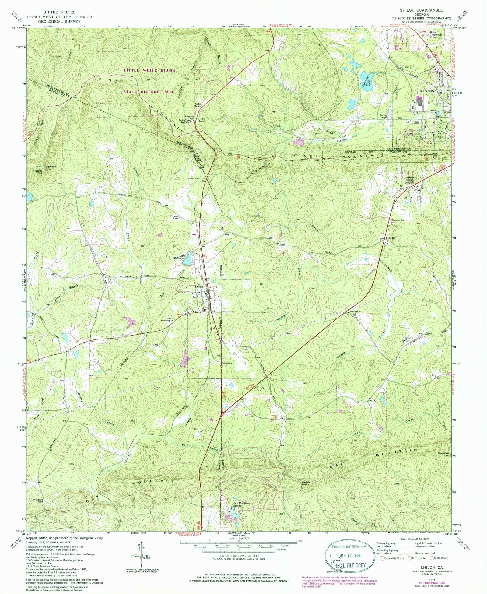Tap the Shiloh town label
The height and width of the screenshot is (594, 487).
(x=199, y=287)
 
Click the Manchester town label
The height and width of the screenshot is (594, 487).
(x=428, y=91)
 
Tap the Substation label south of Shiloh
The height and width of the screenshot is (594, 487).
(x=227, y=363)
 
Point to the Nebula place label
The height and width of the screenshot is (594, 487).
(x=276, y=126)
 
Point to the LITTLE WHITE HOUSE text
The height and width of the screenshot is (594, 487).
(x=149, y=70)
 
